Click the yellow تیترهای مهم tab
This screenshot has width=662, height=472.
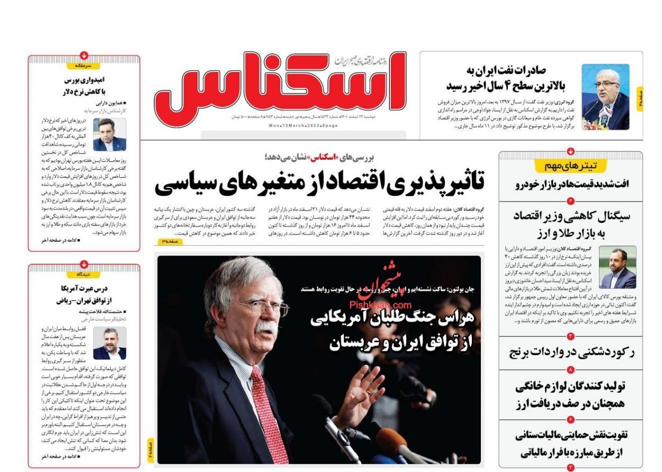(571, 166)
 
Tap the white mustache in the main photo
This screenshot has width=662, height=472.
(265, 328)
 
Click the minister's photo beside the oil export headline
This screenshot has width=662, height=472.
(605, 97)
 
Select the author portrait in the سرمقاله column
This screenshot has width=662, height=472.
(110, 135)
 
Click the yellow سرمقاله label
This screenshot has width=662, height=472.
(84, 66)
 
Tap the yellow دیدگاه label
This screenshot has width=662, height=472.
(84, 275)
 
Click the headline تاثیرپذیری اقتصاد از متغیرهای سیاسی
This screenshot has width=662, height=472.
(319, 183)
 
